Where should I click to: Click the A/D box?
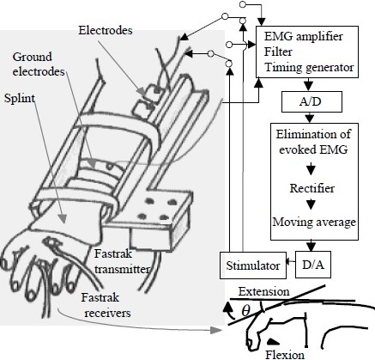point(311,101)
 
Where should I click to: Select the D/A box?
point(313,265)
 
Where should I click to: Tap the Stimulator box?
point(253,265)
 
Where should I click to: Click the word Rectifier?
point(312,188)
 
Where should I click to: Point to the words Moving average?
point(314,222)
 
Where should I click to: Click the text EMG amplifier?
point(304,36)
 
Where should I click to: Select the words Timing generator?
point(309,68)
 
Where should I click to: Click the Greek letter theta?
point(245,311)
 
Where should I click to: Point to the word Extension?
point(263,292)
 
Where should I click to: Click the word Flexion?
point(285,355)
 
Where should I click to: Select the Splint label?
point(20,99)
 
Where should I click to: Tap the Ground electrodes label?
point(39,64)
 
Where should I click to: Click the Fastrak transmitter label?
point(122,261)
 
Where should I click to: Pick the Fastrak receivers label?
point(106,305)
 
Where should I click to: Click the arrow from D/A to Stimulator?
point(291,261)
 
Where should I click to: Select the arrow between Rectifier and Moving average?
point(311,204)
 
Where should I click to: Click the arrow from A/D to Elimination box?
point(310,118)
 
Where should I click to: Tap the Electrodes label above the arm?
point(106,30)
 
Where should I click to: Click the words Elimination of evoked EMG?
point(313,142)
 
